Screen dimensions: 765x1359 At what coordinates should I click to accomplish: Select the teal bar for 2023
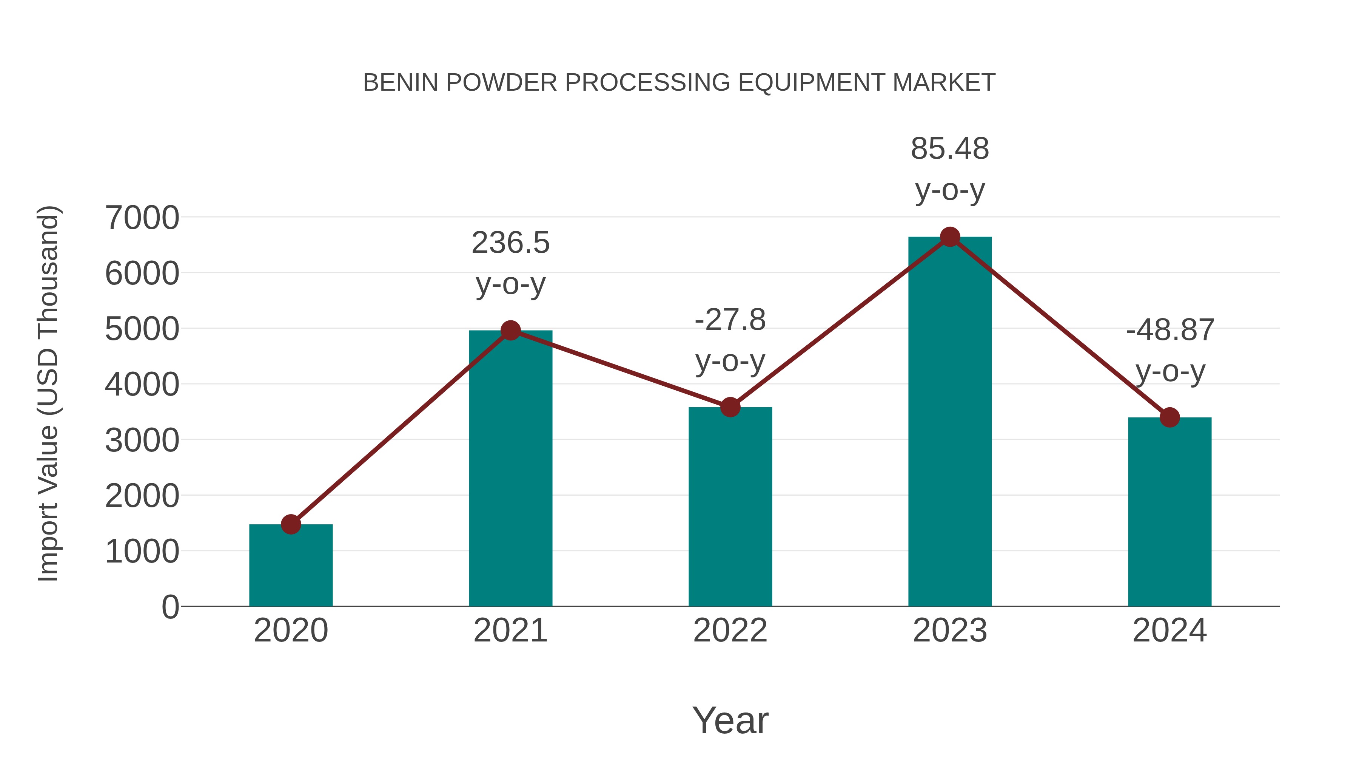point(950,422)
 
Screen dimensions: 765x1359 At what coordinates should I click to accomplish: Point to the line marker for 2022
point(730,407)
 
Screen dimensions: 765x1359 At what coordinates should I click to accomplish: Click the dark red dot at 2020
point(291,524)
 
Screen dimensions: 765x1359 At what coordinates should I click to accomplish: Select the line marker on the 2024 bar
point(1169,417)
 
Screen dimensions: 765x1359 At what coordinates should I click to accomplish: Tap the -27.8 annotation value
point(730,320)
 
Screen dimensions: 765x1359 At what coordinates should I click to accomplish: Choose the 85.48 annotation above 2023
point(950,149)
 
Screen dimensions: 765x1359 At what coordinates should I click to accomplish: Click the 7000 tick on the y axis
point(142,218)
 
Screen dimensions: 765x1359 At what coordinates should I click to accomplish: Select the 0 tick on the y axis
point(170,607)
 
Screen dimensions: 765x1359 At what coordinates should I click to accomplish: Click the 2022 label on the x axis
point(730,631)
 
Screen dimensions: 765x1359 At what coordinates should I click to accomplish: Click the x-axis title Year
point(730,721)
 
